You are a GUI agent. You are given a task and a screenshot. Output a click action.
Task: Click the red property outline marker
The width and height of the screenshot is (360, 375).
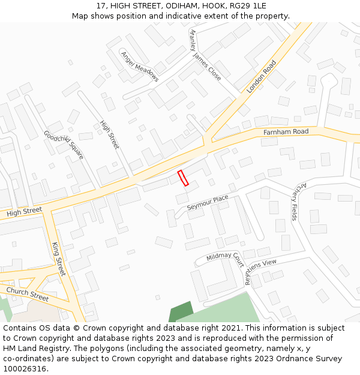(x=183, y=178)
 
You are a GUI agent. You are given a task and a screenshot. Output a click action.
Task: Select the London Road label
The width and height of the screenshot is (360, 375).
(x=261, y=76)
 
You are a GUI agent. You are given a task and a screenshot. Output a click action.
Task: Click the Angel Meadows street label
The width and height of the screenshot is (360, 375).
(x=140, y=66)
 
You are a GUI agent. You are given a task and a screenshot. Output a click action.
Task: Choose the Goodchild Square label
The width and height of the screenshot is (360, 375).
(x=64, y=144)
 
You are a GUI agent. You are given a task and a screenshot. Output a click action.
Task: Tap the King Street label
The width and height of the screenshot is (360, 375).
(x=58, y=259)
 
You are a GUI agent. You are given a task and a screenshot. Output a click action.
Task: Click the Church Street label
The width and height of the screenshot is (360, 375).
(x=28, y=294)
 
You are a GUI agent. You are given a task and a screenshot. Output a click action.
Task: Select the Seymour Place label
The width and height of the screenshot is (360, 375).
(x=208, y=202)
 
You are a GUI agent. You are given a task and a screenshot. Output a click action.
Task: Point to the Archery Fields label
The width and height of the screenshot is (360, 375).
(x=294, y=201)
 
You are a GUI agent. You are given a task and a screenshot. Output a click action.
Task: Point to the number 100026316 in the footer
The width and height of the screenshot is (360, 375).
(x=24, y=369)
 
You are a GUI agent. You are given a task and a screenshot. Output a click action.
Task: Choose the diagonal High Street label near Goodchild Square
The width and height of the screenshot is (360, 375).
(x=110, y=135)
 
